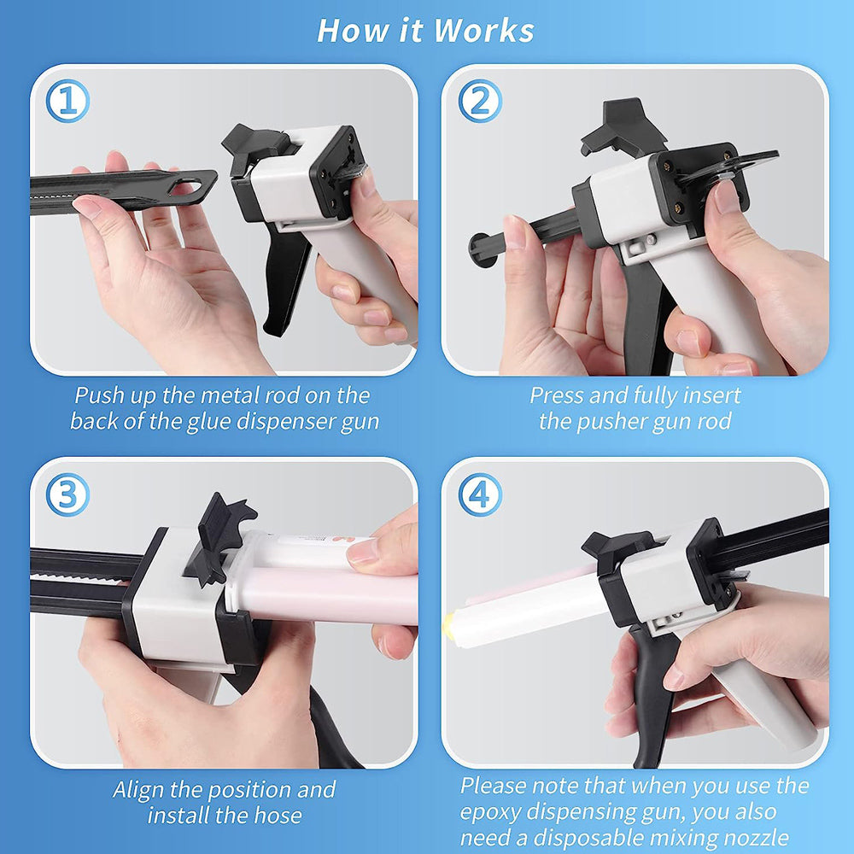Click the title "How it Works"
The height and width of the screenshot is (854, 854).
pyautogui.click(x=426, y=30)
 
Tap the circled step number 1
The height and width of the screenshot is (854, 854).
pyautogui.click(x=67, y=102)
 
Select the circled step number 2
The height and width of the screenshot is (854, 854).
pyautogui.click(x=480, y=102)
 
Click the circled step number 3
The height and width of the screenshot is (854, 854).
pyautogui.click(x=67, y=495)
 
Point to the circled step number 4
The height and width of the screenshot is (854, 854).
pyautogui.click(x=480, y=495)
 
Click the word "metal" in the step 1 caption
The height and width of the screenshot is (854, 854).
pyautogui.click(x=233, y=396)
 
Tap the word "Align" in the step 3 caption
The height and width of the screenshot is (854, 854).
pyautogui.click(x=142, y=790)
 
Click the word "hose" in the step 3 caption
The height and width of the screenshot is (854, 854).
pyautogui.click(x=277, y=816)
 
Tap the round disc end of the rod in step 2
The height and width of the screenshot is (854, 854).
pyautogui.click(x=483, y=250)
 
